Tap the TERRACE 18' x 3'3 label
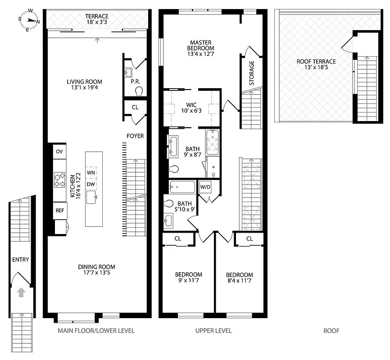tap(97, 19)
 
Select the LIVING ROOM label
tap(84, 85)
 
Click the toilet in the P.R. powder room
tap(139, 91)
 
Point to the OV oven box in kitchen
tap(59, 152)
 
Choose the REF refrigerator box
tap(59, 210)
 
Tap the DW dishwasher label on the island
tap(91, 184)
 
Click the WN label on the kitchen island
tap(91, 172)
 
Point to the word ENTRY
tap(20, 260)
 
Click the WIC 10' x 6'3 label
tap(191, 108)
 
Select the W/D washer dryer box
tap(205, 186)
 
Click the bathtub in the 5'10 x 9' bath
tap(182, 186)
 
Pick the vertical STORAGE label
tap(252, 73)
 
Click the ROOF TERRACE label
tap(316, 65)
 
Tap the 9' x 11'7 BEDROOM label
tap(188, 278)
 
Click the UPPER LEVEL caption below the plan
tap(213, 331)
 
